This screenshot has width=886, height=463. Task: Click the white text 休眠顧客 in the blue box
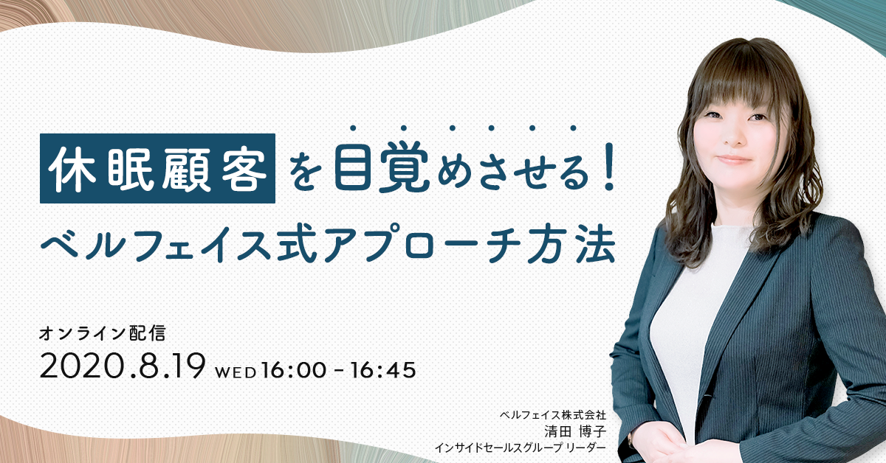157,169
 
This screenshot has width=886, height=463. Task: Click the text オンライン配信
102,333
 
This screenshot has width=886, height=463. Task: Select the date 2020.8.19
123,366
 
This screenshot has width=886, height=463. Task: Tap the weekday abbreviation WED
236,373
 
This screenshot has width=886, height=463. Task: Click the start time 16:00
294,371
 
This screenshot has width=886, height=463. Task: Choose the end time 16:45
383,371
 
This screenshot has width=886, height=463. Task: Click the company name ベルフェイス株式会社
553,415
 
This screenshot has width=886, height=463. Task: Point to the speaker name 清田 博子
575,431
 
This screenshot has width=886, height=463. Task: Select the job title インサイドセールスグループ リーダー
520,448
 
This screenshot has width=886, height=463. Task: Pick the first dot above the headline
352,128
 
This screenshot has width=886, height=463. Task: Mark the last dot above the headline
573,128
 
